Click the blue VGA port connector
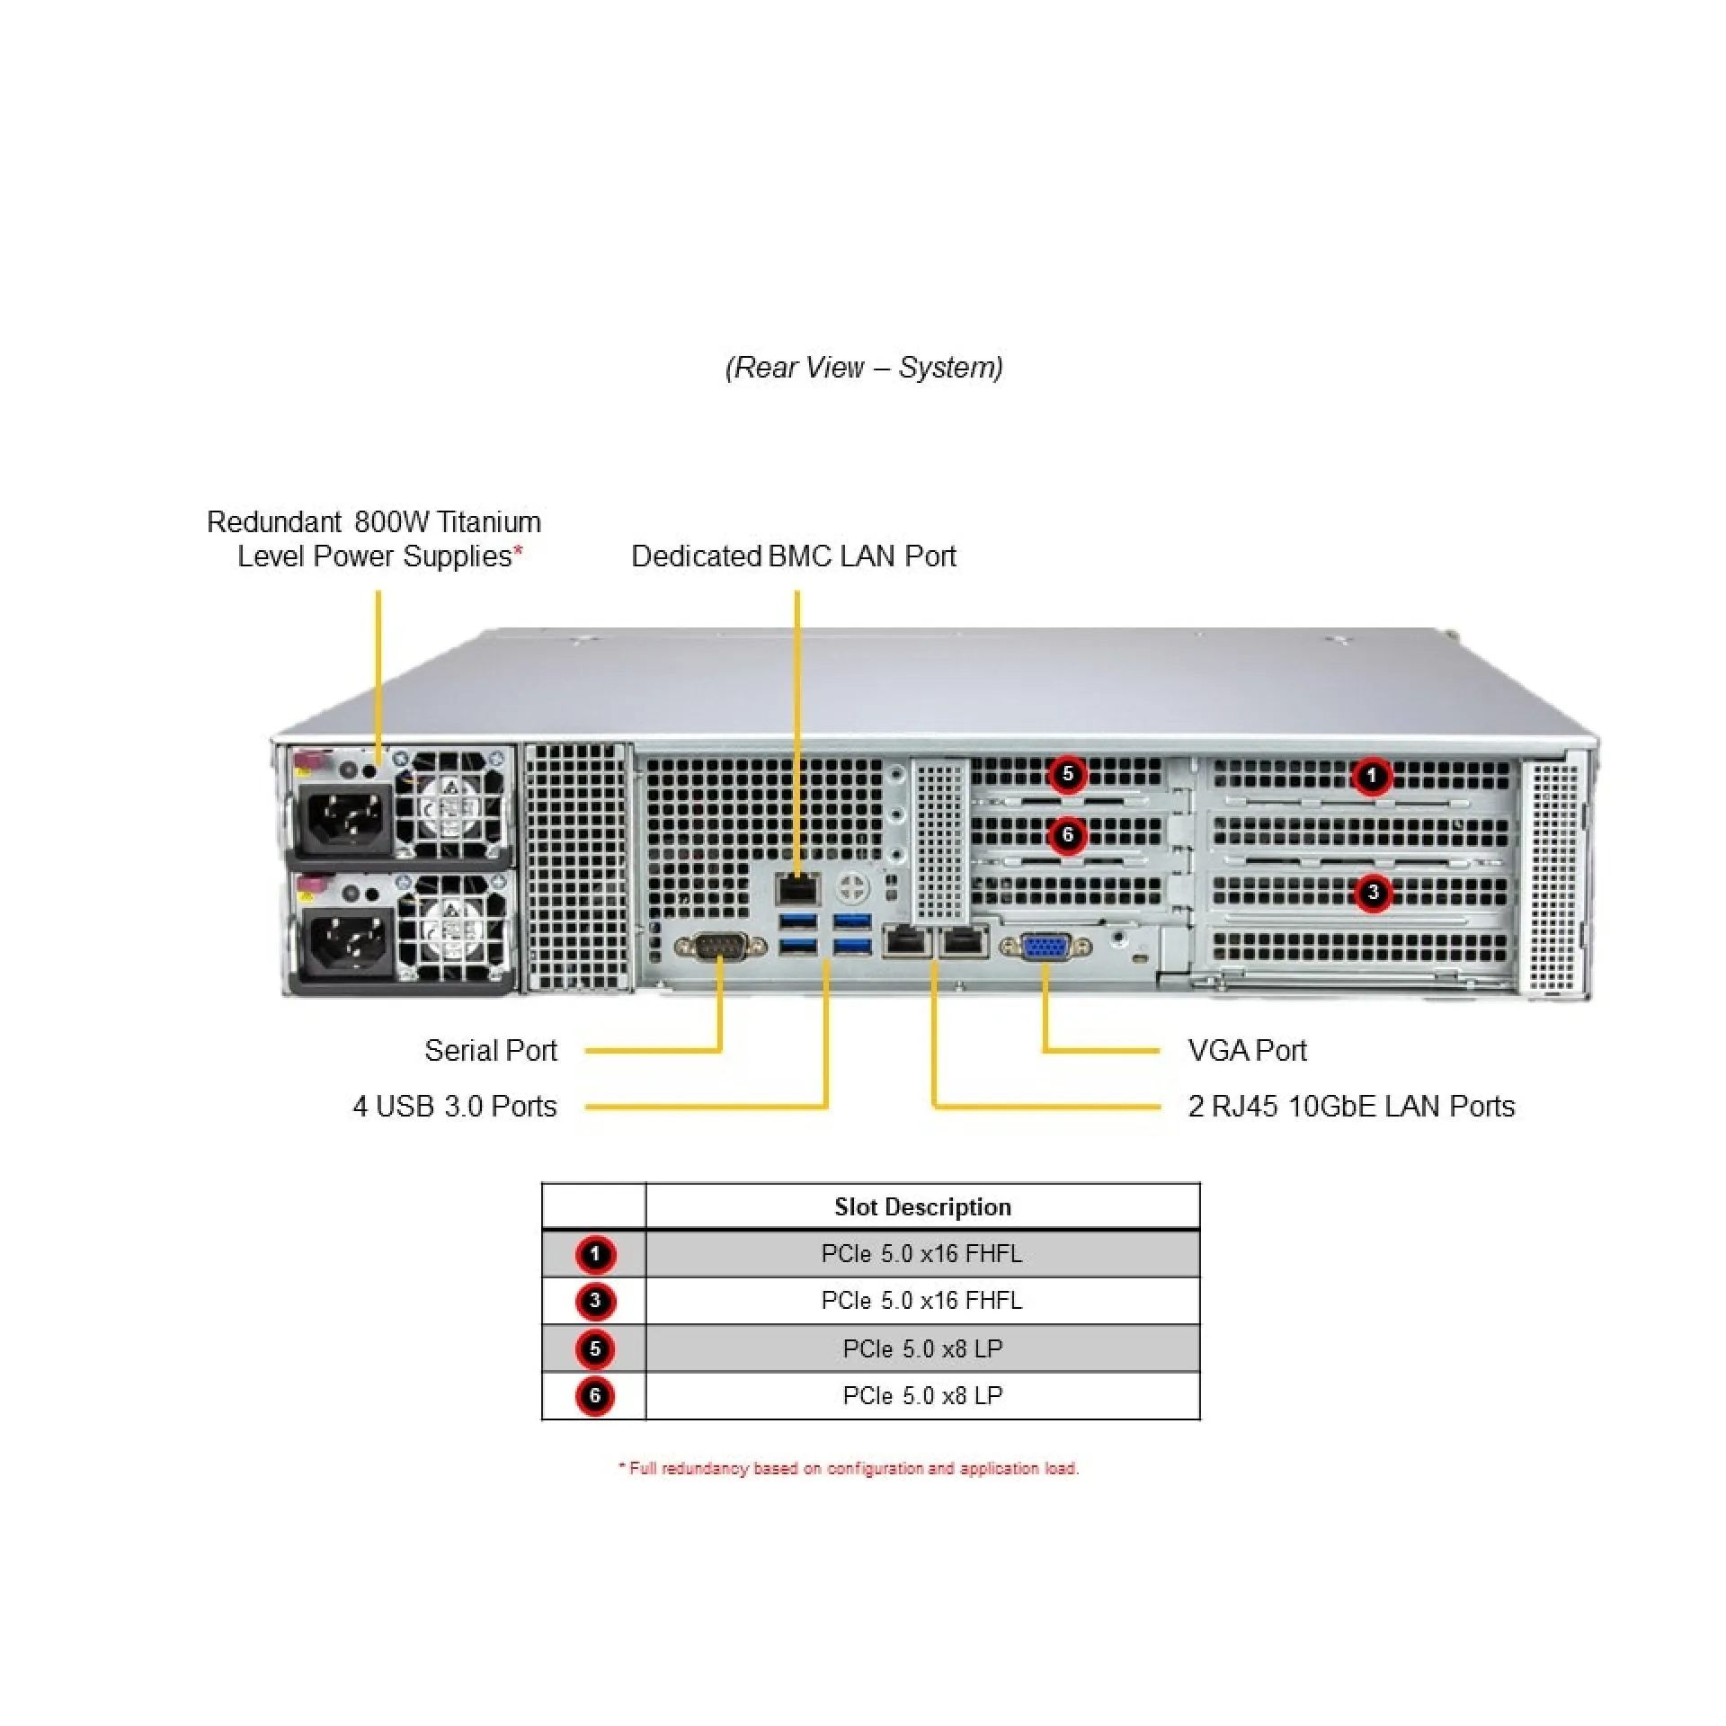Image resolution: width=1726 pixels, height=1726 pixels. point(1044,947)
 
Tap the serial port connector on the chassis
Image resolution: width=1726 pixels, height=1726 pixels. point(719,947)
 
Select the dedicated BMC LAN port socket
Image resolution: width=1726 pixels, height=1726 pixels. point(797,889)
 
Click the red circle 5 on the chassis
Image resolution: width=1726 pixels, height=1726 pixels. point(1067,774)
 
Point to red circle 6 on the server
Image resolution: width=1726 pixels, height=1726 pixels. point(1067,835)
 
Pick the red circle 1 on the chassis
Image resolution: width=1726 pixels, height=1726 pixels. point(1371,776)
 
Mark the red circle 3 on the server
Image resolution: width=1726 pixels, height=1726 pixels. point(1372,894)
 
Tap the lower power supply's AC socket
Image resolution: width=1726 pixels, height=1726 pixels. point(345,942)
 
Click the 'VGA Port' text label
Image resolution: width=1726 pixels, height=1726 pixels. point(1246,1050)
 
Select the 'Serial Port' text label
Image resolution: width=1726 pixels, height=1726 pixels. point(490,1050)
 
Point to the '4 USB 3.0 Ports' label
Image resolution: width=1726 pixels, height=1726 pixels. point(454,1106)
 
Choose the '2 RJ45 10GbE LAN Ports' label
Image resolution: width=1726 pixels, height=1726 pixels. point(1350,1106)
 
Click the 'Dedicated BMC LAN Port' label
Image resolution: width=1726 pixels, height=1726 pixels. point(793,556)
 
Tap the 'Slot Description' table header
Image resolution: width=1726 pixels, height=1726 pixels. point(922,1206)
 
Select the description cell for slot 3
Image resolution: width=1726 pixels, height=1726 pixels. point(921,1301)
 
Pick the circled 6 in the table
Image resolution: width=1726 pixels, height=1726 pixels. point(594,1396)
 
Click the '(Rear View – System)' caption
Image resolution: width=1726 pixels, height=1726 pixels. point(864,368)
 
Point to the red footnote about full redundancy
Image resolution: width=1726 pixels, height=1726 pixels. point(849,1468)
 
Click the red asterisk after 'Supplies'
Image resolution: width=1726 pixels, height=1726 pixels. point(518,551)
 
